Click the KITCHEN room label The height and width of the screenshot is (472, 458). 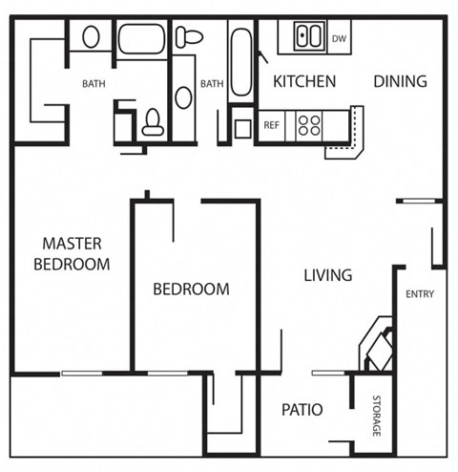[304, 81]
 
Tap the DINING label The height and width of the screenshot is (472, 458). [400, 81]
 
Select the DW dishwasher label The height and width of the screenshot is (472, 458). [338, 39]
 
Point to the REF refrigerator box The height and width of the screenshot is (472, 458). [271, 125]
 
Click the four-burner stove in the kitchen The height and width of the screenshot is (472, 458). [309, 125]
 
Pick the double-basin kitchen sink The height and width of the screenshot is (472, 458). [307, 38]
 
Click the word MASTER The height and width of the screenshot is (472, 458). [72, 244]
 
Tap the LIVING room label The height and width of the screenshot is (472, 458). [327, 275]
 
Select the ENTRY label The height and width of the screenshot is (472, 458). [420, 294]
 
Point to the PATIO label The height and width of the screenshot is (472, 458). [302, 410]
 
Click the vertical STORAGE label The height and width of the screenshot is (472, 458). [377, 417]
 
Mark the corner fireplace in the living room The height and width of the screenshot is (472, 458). [373, 346]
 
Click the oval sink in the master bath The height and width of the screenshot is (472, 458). [91, 37]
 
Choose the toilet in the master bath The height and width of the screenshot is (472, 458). [153, 122]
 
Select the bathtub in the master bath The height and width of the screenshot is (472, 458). [142, 41]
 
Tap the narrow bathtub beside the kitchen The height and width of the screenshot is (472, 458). [239, 63]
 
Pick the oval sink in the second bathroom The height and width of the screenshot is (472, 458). [183, 97]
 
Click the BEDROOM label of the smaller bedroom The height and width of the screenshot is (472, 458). [192, 289]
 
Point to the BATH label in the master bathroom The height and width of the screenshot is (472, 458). [94, 84]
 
